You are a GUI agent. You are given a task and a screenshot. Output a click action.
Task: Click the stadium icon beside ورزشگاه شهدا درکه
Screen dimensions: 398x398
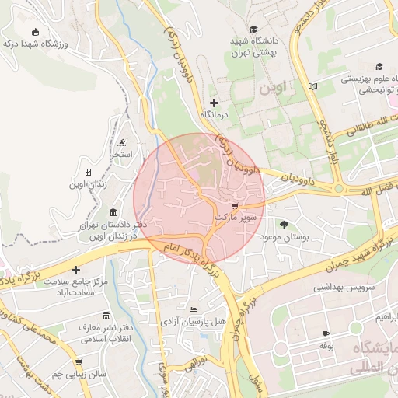(35, 32)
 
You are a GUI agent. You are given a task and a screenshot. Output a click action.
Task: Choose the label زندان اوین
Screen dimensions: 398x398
(89, 184)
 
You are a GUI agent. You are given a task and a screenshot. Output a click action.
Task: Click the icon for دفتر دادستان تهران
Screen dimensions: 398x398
(113, 212)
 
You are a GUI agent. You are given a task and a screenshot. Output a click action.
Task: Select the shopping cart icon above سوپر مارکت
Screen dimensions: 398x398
(236, 206)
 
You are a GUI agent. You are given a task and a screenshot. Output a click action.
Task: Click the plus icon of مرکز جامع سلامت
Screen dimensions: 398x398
(75, 270)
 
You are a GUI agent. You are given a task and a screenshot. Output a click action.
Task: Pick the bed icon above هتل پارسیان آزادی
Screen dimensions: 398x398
(193, 309)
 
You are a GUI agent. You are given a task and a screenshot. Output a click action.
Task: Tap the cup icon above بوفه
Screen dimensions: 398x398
(326, 334)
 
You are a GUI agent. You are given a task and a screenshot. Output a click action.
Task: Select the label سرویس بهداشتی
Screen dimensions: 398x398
(344, 287)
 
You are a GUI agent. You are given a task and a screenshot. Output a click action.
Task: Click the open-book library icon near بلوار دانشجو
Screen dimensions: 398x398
(313, 86)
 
